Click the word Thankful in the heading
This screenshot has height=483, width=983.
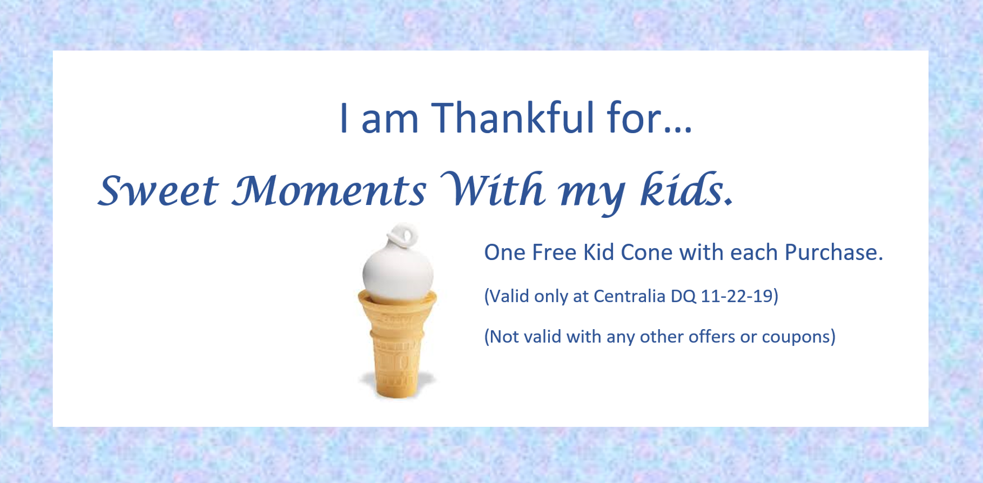point(512,118)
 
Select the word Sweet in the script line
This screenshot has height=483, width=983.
point(158,191)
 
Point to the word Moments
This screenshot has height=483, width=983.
point(329,191)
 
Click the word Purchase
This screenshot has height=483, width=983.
point(834,253)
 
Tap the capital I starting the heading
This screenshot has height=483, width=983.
point(344,118)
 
